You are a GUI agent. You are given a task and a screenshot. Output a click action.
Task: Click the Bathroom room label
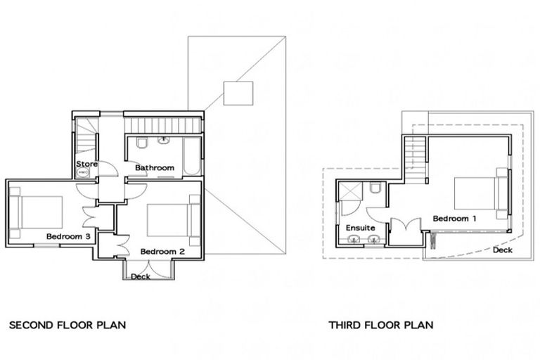(x=154, y=168)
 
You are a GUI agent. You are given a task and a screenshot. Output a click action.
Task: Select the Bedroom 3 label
(x=67, y=236)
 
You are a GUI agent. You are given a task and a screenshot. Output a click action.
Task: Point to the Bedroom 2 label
(x=162, y=251)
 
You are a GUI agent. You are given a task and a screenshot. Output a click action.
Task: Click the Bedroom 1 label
(x=454, y=219)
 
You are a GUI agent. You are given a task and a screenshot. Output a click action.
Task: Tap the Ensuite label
(x=360, y=228)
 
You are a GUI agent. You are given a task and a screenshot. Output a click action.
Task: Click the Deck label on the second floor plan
(x=141, y=276)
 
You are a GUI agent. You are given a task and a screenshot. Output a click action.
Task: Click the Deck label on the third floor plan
(x=502, y=250)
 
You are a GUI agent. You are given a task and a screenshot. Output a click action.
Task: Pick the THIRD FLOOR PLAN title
(x=380, y=326)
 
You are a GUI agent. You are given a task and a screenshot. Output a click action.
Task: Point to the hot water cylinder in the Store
(x=82, y=172)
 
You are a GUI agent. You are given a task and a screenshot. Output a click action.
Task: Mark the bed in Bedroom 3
(x=36, y=212)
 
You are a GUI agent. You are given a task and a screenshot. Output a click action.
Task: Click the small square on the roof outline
(x=237, y=93)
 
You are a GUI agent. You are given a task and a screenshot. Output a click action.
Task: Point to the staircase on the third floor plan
(x=416, y=153)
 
